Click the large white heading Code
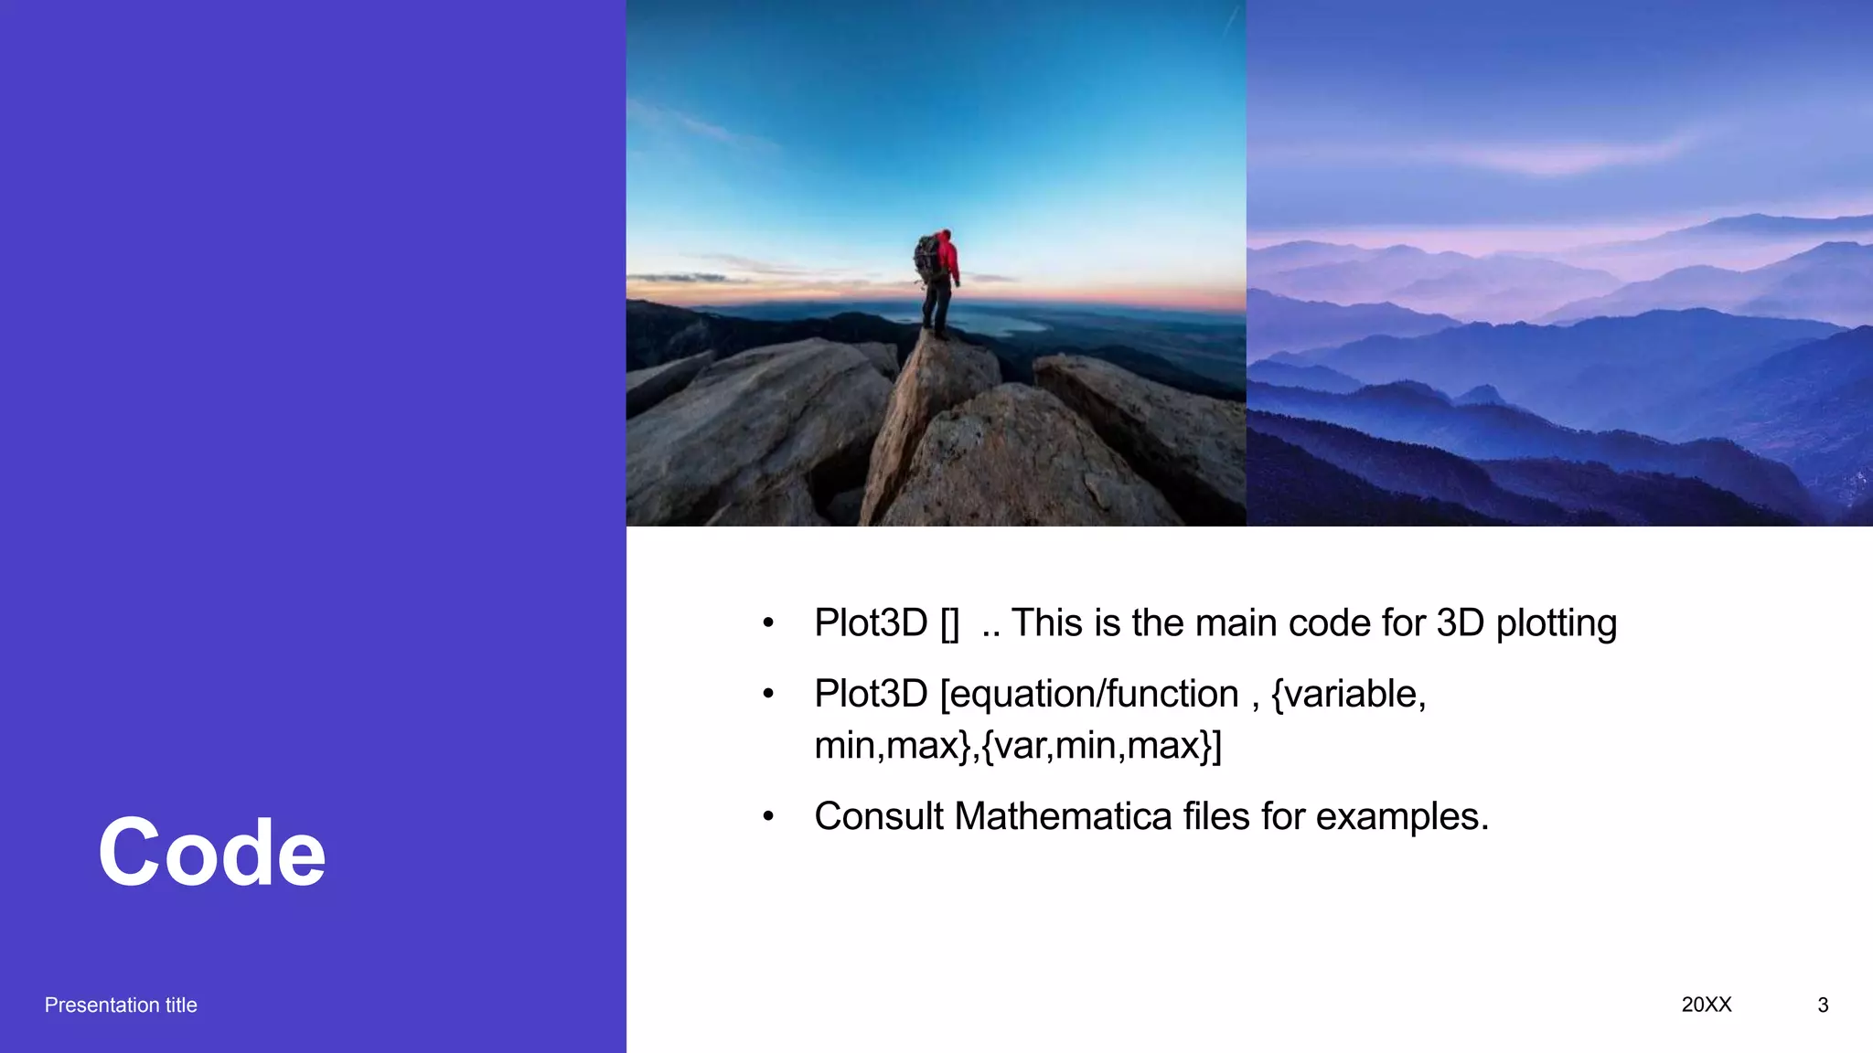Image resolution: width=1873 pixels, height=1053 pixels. [211, 853]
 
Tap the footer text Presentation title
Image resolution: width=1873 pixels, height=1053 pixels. [121, 1005]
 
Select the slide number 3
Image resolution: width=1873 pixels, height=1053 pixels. [1823, 1005]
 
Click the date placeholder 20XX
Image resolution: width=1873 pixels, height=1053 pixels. [1706, 1005]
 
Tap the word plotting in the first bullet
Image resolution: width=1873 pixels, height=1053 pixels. [1556, 623]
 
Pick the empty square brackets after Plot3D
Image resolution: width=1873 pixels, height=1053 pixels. [949, 623]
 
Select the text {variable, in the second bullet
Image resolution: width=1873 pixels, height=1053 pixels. [1348, 694]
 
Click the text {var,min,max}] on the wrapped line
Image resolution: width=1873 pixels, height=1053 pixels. [1101, 745]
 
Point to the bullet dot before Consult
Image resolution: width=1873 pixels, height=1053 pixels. [768, 816]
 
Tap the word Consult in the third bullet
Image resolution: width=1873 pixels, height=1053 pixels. [878, 816]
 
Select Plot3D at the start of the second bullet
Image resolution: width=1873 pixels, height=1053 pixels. [871, 694]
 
